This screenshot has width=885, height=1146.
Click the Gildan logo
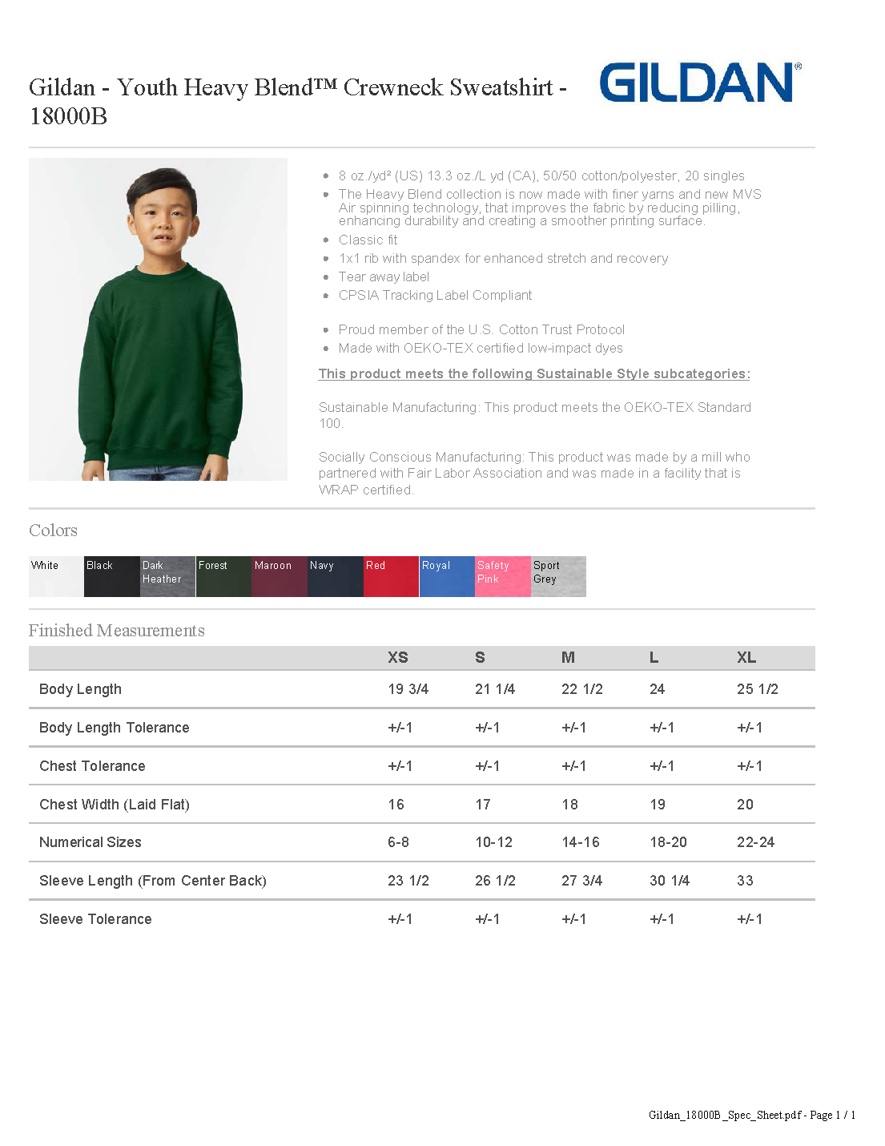tap(699, 83)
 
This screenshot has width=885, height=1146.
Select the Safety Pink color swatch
tap(502, 576)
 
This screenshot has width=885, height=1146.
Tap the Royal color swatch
tap(447, 576)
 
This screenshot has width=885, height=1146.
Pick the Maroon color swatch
tap(279, 576)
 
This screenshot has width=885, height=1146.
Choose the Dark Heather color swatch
tap(167, 576)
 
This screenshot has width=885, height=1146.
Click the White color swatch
tap(56, 576)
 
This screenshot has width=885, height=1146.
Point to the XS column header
tap(398, 658)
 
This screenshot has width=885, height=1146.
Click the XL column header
tap(746, 658)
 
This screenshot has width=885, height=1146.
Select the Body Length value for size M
tap(582, 689)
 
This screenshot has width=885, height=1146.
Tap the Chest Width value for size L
tap(658, 805)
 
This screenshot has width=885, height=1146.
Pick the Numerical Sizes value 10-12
tap(493, 842)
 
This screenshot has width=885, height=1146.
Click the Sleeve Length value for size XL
tap(745, 881)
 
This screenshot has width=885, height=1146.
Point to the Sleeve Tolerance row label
tap(95, 919)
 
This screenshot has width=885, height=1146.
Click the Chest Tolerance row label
tap(92, 766)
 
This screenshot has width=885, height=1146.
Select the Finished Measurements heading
tap(117, 631)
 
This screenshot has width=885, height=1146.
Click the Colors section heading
tap(53, 531)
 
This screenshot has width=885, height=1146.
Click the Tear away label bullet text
tap(384, 277)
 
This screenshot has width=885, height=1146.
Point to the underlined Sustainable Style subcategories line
tap(534, 374)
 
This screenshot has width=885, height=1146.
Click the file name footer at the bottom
tap(751, 1115)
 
